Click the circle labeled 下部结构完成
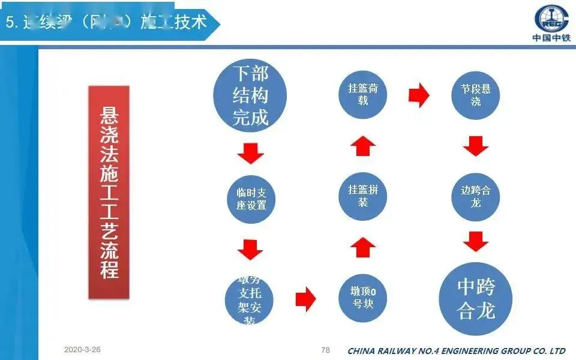(x=250, y=96)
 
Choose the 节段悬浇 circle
(x=476, y=95)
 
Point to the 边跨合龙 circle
(x=476, y=196)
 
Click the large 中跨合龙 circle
(x=476, y=298)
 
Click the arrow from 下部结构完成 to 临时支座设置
(x=251, y=154)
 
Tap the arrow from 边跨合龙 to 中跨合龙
(x=476, y=242)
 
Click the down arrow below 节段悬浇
(x=476, y=146)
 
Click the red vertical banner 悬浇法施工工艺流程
(x=109, y=192)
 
